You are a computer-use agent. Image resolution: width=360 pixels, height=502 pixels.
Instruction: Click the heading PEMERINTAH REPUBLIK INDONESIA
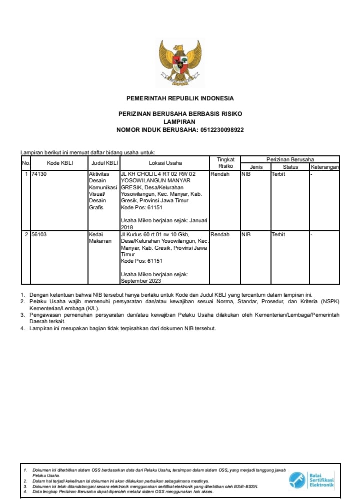click(180, 98)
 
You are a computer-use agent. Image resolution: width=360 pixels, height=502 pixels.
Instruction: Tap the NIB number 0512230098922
click(222, 130)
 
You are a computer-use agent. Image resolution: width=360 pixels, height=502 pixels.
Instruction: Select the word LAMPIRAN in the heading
click(179, 122)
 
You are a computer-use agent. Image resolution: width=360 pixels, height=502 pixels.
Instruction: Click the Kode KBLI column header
click(59, 163)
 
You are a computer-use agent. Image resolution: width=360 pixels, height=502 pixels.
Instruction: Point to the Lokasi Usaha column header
click(165, 163)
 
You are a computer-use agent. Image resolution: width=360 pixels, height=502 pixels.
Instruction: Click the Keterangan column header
click(324, 167)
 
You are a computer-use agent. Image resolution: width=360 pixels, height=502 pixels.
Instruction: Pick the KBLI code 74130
click(38, 174)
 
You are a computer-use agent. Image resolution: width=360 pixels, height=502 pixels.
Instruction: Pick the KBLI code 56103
click(38, 234)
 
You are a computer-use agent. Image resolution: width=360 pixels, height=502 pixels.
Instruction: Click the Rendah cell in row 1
click(220, 174)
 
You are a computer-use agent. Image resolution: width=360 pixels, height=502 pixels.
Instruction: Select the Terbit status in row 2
click(278, 234)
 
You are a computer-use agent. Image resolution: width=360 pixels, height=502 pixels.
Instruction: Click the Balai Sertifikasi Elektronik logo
click(311, 481)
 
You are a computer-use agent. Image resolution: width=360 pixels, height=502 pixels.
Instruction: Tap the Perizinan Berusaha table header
click(290, 159)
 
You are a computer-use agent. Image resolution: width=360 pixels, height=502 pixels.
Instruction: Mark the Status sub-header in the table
click(290, 167)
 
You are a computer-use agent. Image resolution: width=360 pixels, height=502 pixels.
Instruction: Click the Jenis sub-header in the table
click(256, 167)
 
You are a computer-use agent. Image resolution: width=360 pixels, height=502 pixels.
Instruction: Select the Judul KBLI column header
click(104, 163)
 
